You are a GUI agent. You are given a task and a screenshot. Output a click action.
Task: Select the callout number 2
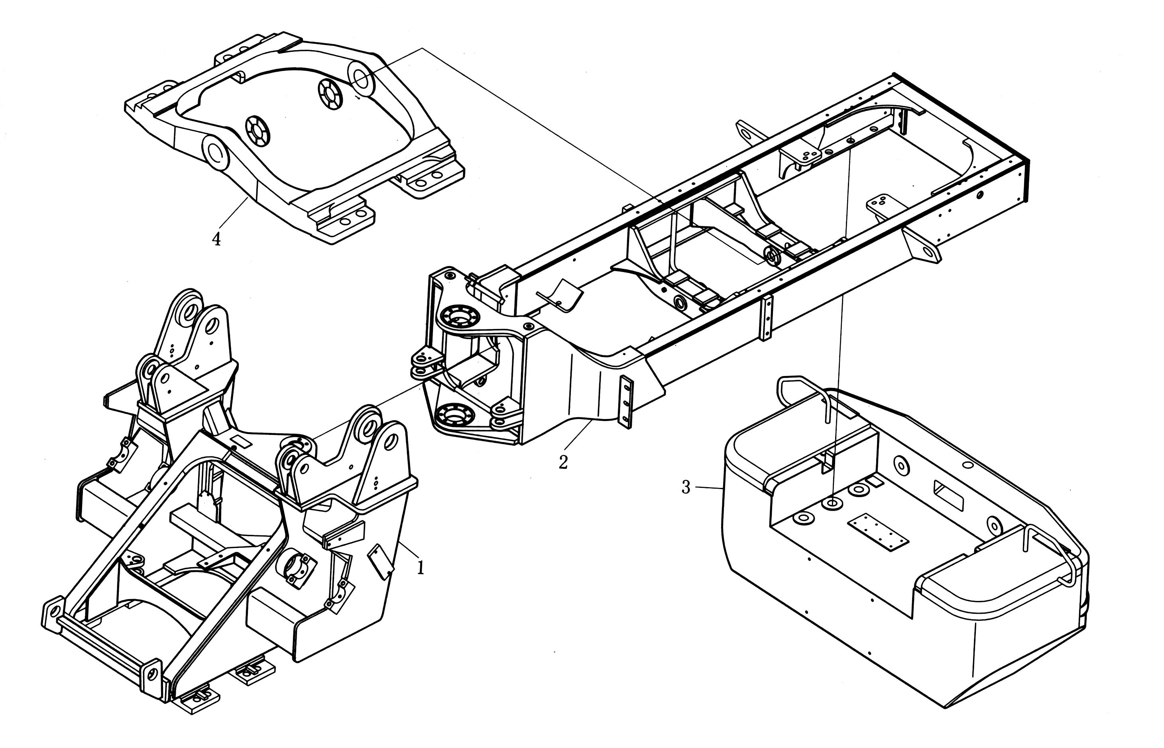click(x=563, y=462)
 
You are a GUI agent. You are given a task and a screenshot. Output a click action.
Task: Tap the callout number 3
click(x=686, y=487)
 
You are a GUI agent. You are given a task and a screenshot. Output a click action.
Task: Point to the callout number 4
click(x=216, y=239)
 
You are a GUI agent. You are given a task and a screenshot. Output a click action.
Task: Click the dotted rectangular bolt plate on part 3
click(x=877, y=533)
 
